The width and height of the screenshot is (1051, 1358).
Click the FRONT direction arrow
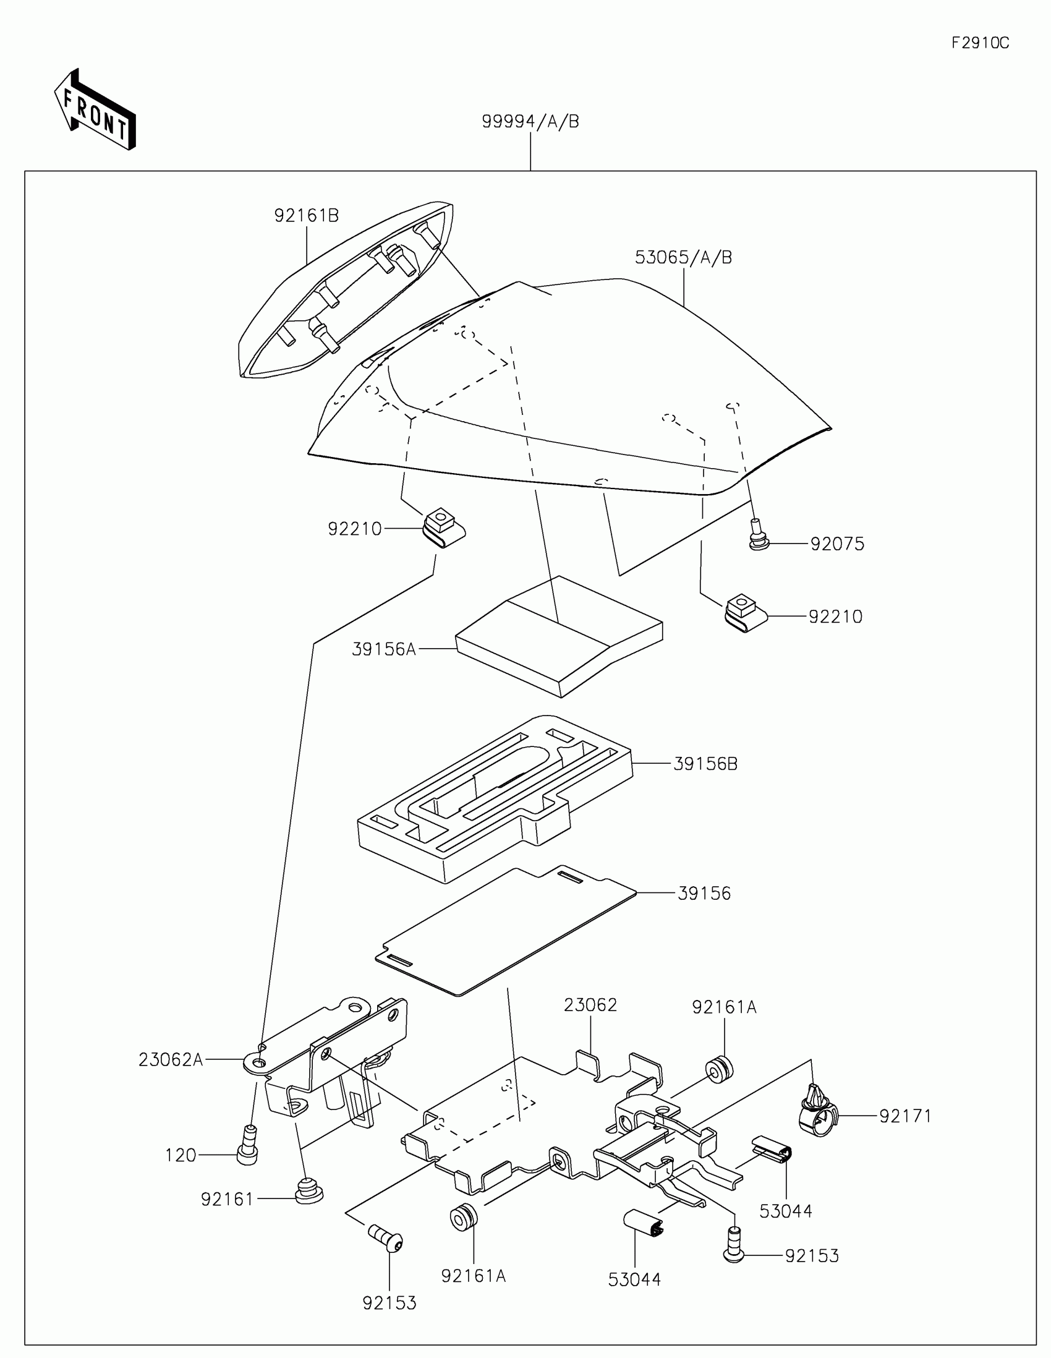point(95,110)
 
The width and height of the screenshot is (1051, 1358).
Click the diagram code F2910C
point(980,43)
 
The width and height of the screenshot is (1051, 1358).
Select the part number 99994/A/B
point(530,122)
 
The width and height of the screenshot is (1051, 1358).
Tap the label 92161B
point(307,216)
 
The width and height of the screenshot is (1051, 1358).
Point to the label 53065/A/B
point(683,257)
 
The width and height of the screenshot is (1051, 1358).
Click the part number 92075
point(836,544)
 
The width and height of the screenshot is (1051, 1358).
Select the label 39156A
point(383,649)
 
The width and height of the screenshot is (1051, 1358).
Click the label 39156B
point(705,764)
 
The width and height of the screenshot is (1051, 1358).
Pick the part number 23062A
point(170,1059)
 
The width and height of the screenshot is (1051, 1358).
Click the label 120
point(181,1155)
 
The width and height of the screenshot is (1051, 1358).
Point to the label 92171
point(905,1116)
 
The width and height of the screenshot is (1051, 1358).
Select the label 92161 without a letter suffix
point(227,1199)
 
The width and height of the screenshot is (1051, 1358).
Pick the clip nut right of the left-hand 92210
point(444,526)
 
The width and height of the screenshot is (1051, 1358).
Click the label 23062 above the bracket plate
point(590,1006)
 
